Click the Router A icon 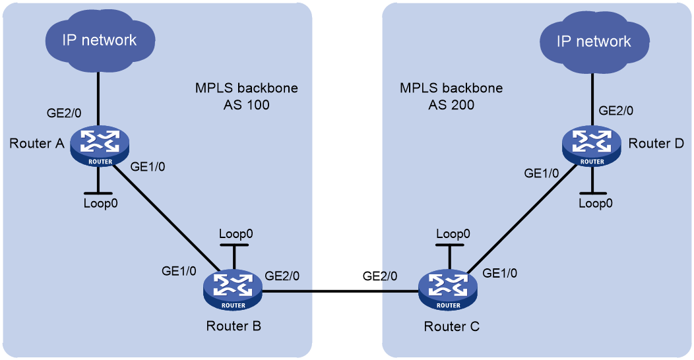tap(100, 146)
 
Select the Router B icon tap(233, 289)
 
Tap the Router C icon tap(448, 289)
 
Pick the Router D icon tap(592, 146)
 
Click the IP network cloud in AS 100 tap(100, 40)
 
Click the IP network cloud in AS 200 tap(594, 42)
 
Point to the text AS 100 tap(247, 105)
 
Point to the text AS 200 tap(451, 105)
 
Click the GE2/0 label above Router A tap(64, 113)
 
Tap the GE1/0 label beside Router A tap(148, 167)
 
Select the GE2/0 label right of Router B tap(282, 276)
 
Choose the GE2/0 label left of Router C tap(380, 276)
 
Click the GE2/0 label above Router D tap(616, 111)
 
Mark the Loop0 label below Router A tap(100, 204)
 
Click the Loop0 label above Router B tap(236, 234)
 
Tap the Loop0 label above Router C tap(453, 234)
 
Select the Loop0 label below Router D tap(596, 204)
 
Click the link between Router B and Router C tap(340, 291)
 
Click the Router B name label tap(234, 326)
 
